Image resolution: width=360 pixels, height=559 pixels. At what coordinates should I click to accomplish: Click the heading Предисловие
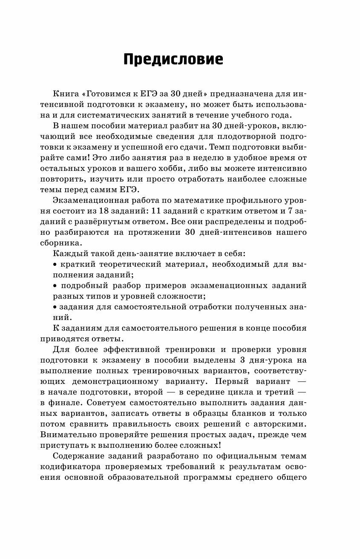tap(173, 59)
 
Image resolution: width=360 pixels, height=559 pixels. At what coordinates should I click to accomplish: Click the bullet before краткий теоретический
tap(55, 264)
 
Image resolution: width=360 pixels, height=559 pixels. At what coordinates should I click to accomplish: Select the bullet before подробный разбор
tap(55, 285)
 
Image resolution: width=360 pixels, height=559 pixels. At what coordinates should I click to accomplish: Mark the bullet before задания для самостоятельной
tap(55, 307)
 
